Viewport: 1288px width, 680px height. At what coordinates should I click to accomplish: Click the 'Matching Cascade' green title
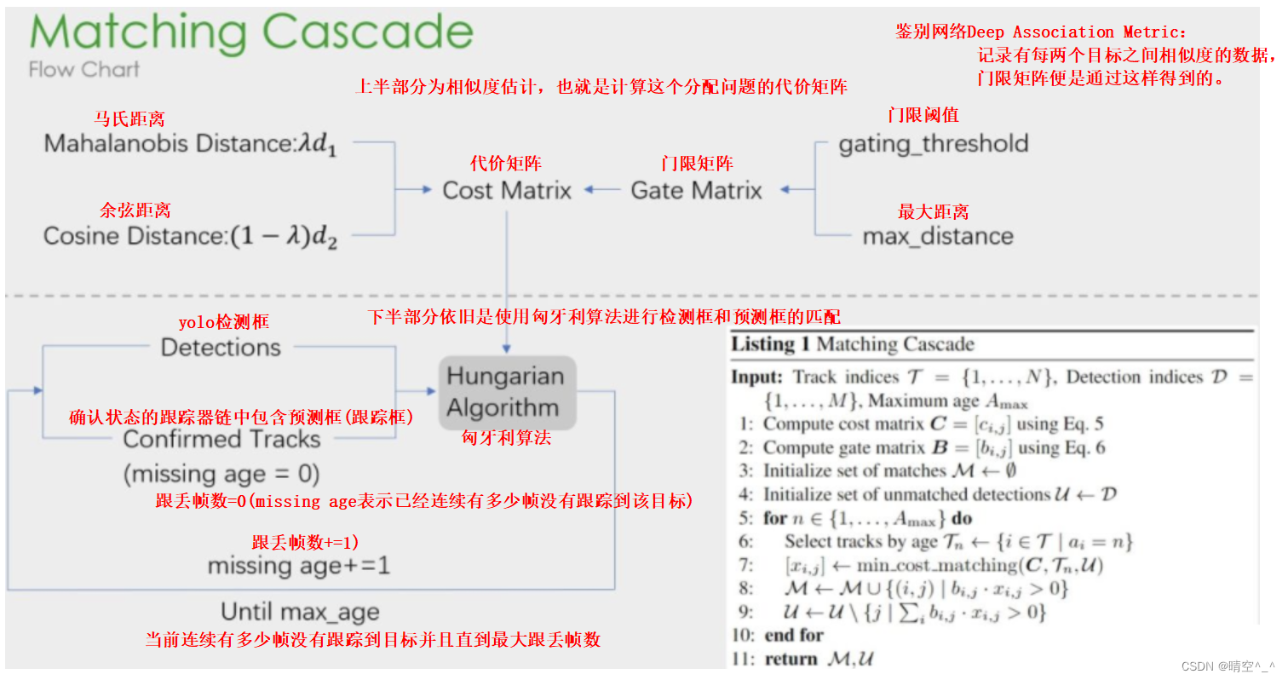click(251, 34)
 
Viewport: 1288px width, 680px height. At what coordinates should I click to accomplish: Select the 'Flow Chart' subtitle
click(83, 70)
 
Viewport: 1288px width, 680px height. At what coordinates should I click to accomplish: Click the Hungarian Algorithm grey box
click(507, 391)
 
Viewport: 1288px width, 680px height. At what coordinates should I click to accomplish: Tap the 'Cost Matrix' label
click(507, 190)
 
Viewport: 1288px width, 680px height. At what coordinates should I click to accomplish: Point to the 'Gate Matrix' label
click(696, 190)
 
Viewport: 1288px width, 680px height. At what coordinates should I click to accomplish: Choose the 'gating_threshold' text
click(933, 143)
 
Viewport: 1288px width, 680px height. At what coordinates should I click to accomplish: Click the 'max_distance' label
click(938, 236)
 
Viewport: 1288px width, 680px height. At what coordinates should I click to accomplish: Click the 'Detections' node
click(221, 348)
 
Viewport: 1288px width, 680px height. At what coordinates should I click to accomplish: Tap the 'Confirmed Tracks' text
click(221, 440)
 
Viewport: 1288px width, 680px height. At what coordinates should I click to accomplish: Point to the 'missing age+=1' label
click(298, 565)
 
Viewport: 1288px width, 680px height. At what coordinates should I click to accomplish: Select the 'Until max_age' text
click(300, 611)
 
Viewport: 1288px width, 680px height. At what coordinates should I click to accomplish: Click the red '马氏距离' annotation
click(129, 119)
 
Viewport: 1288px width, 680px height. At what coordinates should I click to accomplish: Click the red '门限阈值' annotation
click(923, 115)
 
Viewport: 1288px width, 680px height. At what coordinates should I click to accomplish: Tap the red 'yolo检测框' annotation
click(224, 322)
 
